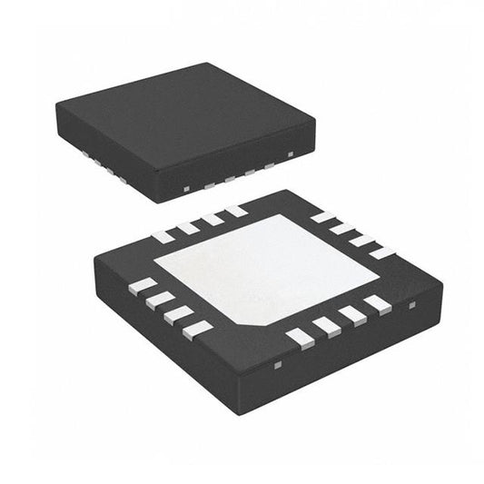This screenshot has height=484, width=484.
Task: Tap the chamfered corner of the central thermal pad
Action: coord(258,322)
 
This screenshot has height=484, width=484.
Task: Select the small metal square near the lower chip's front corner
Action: coord(278,366)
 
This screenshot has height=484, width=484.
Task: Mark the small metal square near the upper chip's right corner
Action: coord(291,154)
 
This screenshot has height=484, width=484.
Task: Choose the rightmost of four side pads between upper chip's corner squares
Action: coord(270,164)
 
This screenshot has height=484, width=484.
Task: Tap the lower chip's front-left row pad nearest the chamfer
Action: coord(197,330)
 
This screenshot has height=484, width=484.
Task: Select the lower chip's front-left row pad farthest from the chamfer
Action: coord(143,286)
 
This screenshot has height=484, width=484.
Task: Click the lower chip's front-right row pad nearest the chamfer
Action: coord(300,338)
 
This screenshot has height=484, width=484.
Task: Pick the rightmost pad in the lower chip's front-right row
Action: coord(378,304)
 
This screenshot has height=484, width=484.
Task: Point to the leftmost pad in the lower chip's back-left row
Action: coord(163,237)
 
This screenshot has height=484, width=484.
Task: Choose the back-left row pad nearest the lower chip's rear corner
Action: coord(236,212)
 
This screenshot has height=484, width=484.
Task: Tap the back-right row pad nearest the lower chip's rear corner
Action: coord(322,217)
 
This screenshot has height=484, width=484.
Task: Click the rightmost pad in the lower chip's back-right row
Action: coord(382,252)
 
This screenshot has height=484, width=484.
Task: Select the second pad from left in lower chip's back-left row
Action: coord(188,228)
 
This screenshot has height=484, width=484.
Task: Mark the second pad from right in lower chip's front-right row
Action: coord(352,315)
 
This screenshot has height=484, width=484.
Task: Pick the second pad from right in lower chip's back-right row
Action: coord(362,241)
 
